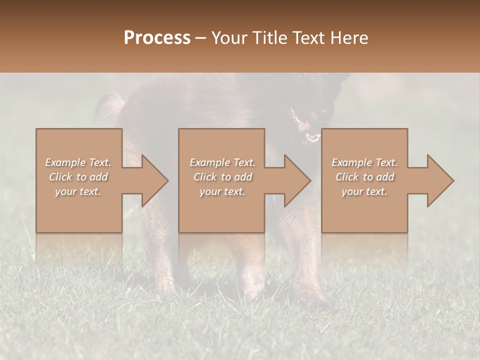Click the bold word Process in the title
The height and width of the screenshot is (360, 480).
pos(157,38)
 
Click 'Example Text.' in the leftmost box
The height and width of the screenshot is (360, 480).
pos(78,162)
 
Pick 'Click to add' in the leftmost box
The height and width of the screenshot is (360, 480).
pos(78,177)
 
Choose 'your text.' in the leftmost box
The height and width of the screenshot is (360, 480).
pos(78,191)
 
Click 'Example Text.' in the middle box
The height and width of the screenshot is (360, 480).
pos(222,162)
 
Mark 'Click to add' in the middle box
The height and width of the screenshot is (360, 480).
pos(222,177)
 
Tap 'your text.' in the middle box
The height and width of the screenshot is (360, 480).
pos(222,191)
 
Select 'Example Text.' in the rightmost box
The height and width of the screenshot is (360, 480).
pos(364,162)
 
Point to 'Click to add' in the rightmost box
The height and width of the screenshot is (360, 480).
pos(364,177)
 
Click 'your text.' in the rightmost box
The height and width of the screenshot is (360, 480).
pos(364,191)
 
